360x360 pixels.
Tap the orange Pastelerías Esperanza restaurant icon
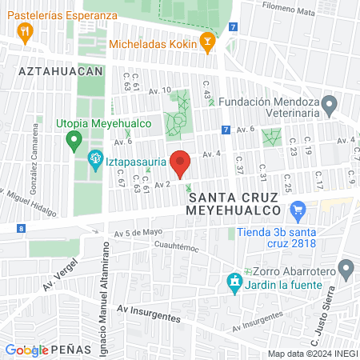pyautogui.click(x=26, y=33)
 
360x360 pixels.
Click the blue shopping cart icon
pyautogui.click(x=298, y=212)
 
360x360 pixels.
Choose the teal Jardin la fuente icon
pyautogui.click(x=234, y=282)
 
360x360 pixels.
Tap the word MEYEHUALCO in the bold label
pyautogui.click(x=236, y=210)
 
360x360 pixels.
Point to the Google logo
pyautogui.click(x=26, y=350)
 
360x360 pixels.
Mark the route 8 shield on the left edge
pyautogui.click(x=20, y=229)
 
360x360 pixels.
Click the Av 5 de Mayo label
pyautogui.click(x=138, y=234)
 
